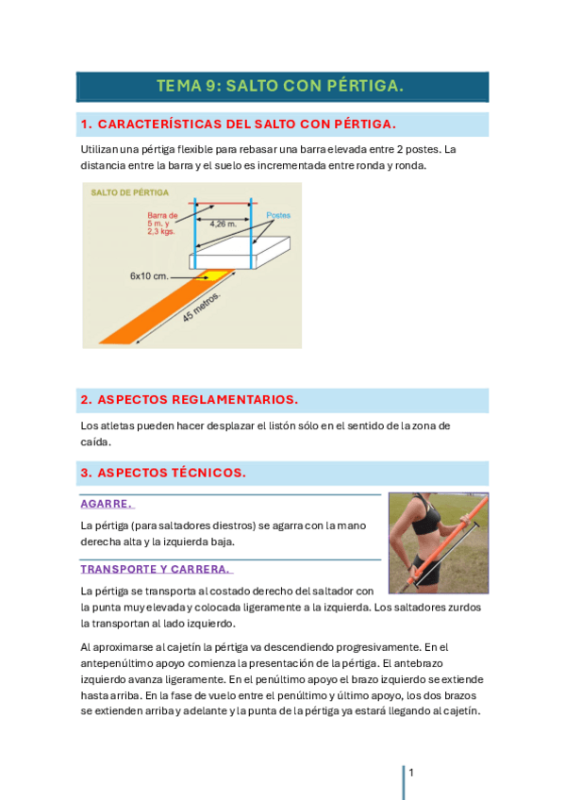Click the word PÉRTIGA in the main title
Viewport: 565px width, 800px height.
(x=365, y=86)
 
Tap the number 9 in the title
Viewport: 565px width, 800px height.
(x=211, y=86)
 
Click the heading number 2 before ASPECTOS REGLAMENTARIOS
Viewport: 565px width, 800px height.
(x=86, y=399)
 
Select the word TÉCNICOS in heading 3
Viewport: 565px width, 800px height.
(x=208, y=473)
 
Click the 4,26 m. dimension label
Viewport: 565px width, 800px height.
(x=223, y=224)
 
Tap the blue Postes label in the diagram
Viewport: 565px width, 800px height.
(x=278, y=215)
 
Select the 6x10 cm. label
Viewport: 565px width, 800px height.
(x=149, y=276)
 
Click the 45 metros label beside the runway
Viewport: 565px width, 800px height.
(x=201, y=308)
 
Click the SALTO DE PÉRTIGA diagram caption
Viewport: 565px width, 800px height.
(x=129, y=192)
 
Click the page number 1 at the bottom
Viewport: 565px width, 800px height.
(x=411, y=773)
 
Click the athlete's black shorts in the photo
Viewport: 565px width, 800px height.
(x=427, y=571)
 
